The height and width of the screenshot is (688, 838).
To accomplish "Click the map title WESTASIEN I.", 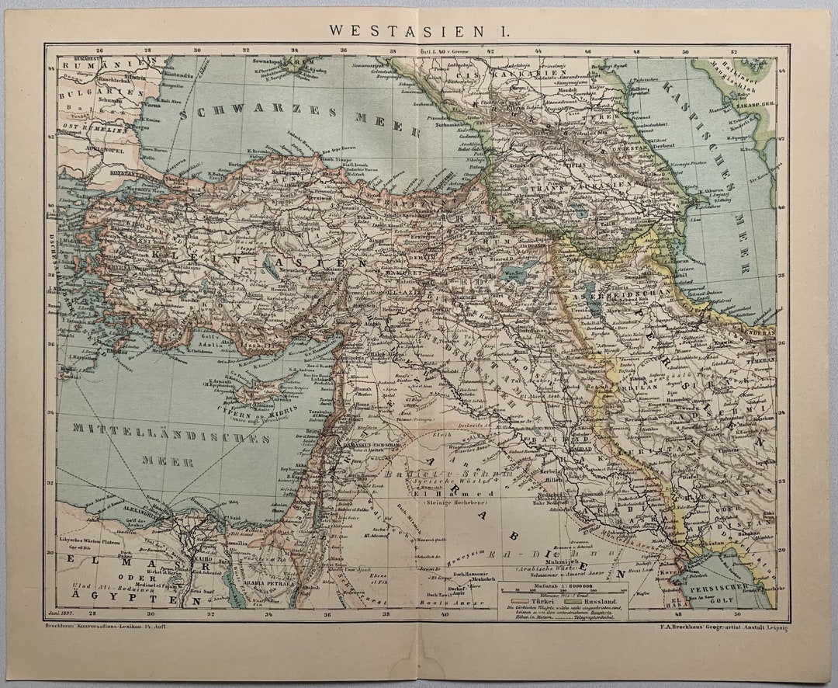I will coord(418,30).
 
